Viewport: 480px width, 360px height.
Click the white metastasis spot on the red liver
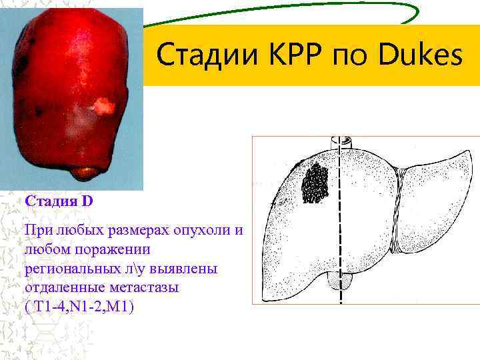click(103, 105)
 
